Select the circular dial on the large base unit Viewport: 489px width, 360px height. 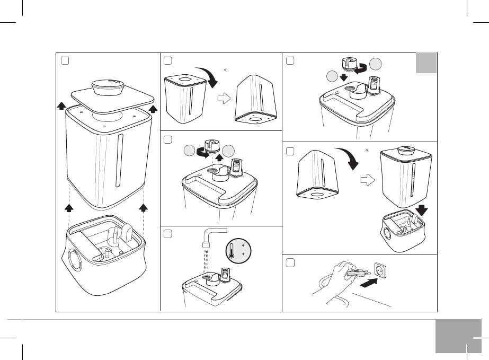pyautogui.click(x=75, y=261)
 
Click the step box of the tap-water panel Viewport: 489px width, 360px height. pyautogui.click(x=167, y=234)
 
